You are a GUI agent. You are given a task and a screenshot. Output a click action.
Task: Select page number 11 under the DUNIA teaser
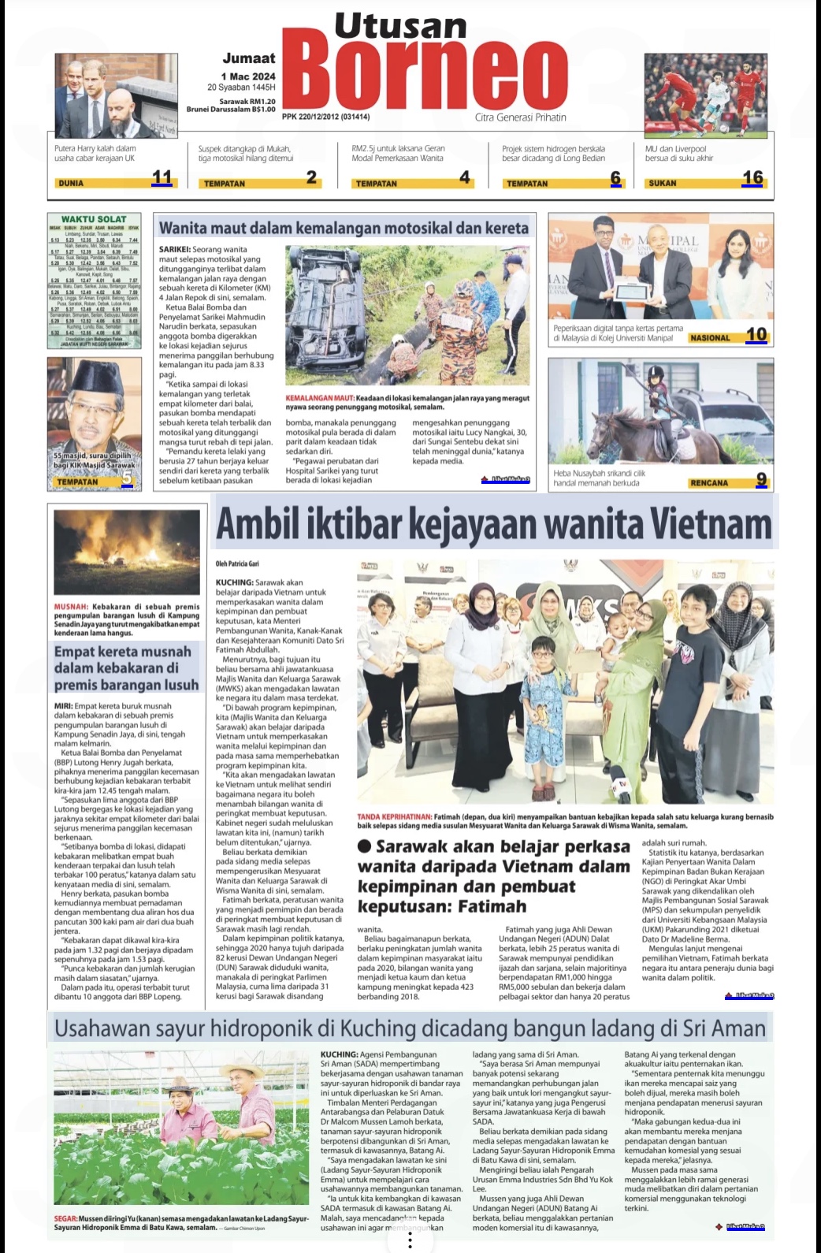click(x=162, y=177)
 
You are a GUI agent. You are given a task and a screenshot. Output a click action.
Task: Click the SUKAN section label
click(x=662, y=183)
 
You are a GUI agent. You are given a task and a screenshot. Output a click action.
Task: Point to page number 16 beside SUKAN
click(x=752, y=177)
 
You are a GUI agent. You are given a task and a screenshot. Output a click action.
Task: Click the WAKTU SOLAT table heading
click(x=94, y=219)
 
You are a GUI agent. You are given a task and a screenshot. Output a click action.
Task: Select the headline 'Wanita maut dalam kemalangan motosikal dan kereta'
click(x=344, y=228)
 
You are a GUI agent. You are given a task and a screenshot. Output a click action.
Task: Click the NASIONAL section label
click(x=709, y=338)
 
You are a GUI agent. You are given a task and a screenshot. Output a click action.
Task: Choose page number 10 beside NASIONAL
click(x=756, y=334)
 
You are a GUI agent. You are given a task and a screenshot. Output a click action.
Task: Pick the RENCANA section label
click(x=708, y=483)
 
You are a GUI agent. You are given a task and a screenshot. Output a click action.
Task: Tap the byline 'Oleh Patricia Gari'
click(x=237, y=564)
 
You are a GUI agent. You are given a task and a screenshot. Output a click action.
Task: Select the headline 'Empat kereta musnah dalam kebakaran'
click(x=126, y=668)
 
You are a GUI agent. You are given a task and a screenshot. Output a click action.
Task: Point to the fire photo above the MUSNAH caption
click(x=126, y=552)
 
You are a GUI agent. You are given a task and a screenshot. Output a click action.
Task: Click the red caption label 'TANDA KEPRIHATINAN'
click(x=394, y=816)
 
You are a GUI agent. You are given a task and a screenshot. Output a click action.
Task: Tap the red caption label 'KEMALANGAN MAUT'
click(x=319, y=399)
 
